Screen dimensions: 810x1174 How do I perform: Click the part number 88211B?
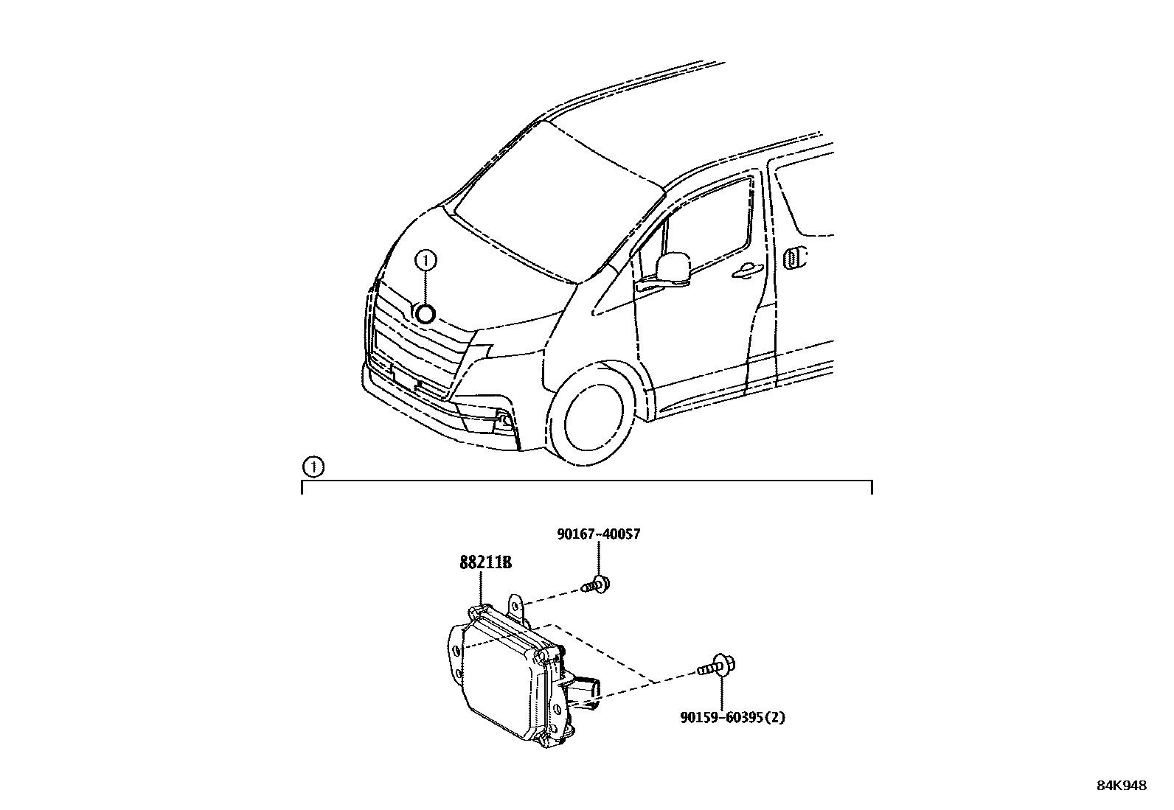coord(485,563)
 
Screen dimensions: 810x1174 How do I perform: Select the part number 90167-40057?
coord(597,534)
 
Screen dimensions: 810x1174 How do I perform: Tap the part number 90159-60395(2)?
coord(732,716)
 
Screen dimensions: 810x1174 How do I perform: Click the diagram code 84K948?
coord(1121,786)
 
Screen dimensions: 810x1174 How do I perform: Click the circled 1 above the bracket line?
coord(313,467)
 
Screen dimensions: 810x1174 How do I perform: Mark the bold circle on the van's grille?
coord(426,315)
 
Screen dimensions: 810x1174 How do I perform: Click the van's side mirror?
coord(673,267)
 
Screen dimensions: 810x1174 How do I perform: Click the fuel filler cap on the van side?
coord(793,259)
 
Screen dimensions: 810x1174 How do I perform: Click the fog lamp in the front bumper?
coord(504,421)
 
